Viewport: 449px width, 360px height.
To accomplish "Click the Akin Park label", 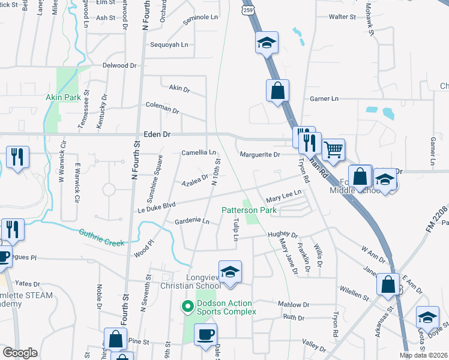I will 62,97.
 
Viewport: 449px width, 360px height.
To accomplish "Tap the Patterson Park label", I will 249,211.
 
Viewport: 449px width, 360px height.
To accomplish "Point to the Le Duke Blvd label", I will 157,205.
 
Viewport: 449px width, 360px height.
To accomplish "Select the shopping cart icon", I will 333,149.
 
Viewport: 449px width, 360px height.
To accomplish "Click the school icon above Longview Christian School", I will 230,272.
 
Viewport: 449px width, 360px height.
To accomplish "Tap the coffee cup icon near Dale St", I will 206,335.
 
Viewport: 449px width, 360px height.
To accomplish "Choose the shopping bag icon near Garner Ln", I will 277,91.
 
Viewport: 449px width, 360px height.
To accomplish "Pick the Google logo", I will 20,353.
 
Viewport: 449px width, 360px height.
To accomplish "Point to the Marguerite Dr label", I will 260,155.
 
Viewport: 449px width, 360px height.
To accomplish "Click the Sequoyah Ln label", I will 169,45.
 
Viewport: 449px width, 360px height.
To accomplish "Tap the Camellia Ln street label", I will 199,153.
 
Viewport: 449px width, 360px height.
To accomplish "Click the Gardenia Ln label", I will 191,221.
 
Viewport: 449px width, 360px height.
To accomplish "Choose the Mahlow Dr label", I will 294,305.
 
